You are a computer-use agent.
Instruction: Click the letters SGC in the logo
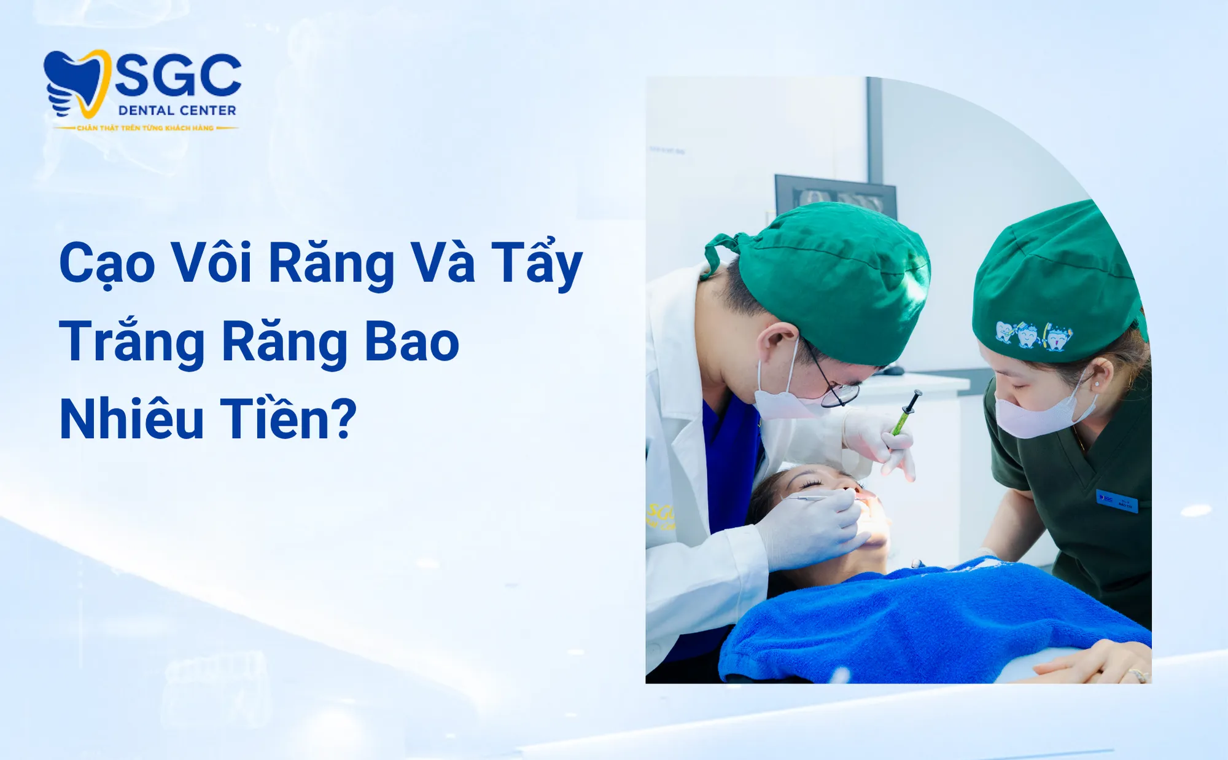178,76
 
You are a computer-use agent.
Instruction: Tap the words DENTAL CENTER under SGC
177,111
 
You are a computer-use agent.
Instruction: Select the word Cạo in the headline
107,263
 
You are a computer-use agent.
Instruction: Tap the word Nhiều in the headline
132,420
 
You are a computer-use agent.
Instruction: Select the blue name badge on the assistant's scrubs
1117,501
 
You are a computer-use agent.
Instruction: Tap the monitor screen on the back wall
835,197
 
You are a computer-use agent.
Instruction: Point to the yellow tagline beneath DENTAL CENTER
146,128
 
